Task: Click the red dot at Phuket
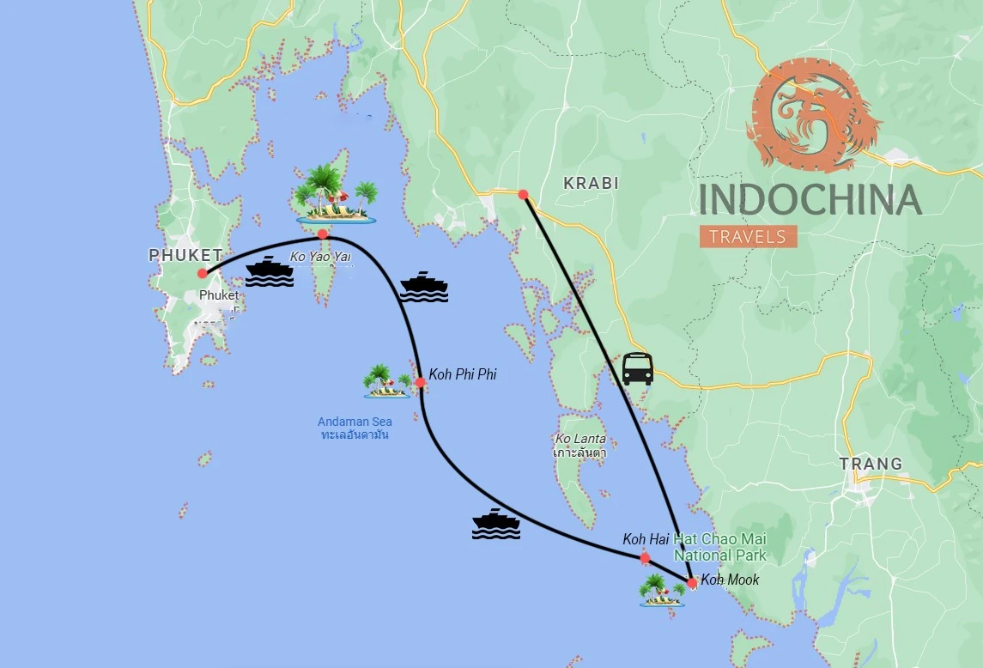tap(202, 273)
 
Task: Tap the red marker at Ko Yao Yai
tap(322, 234)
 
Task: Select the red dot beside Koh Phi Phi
tap(421, 383)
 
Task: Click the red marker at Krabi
tap(523, 194)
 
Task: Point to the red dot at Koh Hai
tap(645, 558)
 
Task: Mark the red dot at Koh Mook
tap(692, 583)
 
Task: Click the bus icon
tap(638, 368)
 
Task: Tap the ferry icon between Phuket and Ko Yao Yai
tap(270, 270)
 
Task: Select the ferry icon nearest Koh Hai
tap(496, 524)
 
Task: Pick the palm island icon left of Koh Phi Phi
tap(387, 381)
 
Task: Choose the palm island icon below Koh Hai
tap(661, 591)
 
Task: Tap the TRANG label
tap(871, 464)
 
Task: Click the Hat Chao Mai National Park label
tap(720, 547)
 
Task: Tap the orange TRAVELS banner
tap(748, 236)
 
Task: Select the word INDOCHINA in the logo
tap(810, 199)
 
